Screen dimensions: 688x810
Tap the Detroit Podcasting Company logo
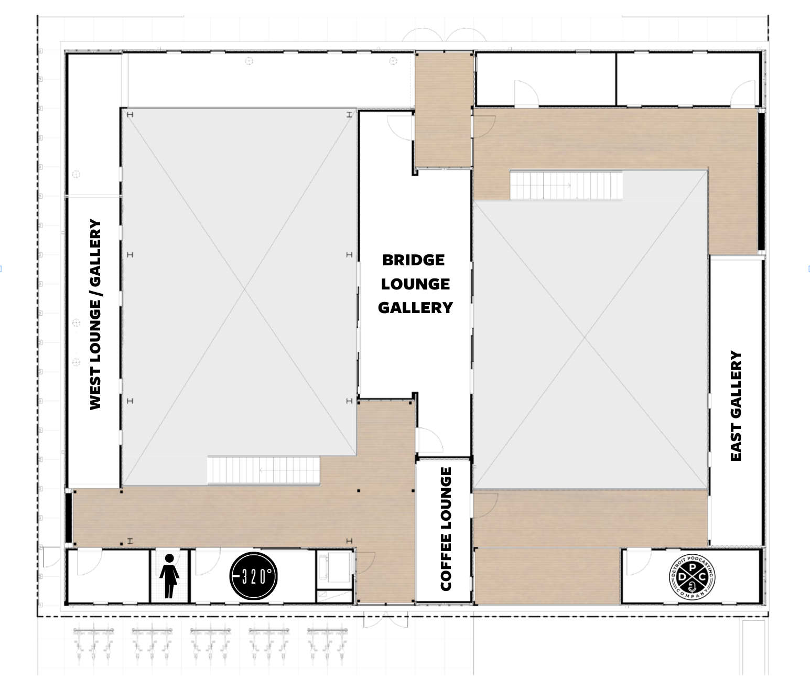(692, 577)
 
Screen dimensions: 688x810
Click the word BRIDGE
(413, 260)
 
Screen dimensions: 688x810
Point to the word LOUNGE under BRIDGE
(415, 284)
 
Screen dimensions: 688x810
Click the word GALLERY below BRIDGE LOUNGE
(415, 307)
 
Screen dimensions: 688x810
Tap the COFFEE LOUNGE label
(446, 529)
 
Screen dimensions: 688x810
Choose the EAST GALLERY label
(736, 406)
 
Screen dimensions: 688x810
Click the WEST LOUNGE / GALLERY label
(95, 315)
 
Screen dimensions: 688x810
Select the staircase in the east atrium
(566, 185)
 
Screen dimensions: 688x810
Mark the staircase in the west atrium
(264, 470)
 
